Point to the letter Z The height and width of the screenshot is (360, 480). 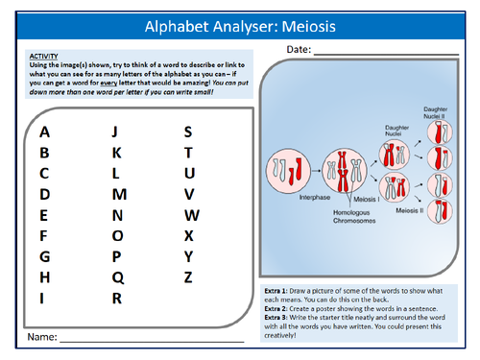(188, 277)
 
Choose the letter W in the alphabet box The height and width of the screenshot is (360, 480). (191, 215)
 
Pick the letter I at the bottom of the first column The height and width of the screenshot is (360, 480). (43, 298)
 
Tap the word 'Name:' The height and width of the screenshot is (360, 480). (42, 337)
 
